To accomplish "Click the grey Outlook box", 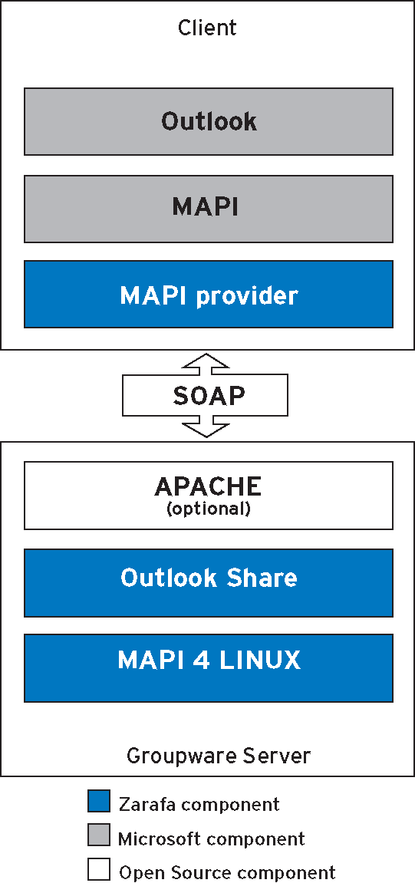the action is coord(209,121).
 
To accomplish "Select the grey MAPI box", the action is coord(209,209).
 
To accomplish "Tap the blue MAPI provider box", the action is coord(209,294).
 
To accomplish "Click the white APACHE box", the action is coord(209,496).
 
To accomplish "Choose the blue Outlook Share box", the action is coord(209,583).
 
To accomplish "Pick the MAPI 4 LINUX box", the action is coord(209,668).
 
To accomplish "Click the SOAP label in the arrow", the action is coord(209,396).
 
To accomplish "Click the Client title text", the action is coord(207,27).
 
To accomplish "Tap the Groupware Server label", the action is coord(219,755).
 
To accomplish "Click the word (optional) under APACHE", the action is coord(208,509).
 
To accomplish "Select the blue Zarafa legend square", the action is coord(98,801).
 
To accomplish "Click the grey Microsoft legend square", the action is coord(98,835).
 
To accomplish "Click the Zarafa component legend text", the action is coord(199,803).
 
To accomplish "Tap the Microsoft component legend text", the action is coord(212,839).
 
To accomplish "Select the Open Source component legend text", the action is coord(228,873).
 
